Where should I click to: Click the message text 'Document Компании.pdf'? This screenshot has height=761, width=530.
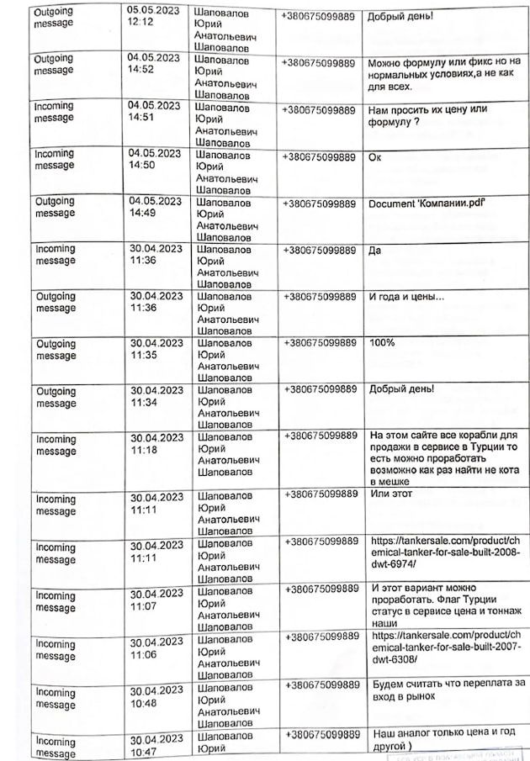click(x=427, y=205)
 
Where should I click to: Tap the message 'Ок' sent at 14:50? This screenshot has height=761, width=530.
click(x=375, y=157)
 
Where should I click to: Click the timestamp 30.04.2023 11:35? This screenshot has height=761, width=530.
click(x=155, y=349)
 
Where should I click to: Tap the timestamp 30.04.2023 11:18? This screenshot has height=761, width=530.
click(x=155, y=444)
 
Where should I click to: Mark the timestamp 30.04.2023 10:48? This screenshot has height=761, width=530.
click(x=155, y=696)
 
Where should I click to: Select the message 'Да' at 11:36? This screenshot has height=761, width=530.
click(x=375, y=249)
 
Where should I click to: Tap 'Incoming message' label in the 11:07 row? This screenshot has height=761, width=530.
click(x=56, y=601)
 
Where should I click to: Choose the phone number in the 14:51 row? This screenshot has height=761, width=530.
click(x=318, y=110)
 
